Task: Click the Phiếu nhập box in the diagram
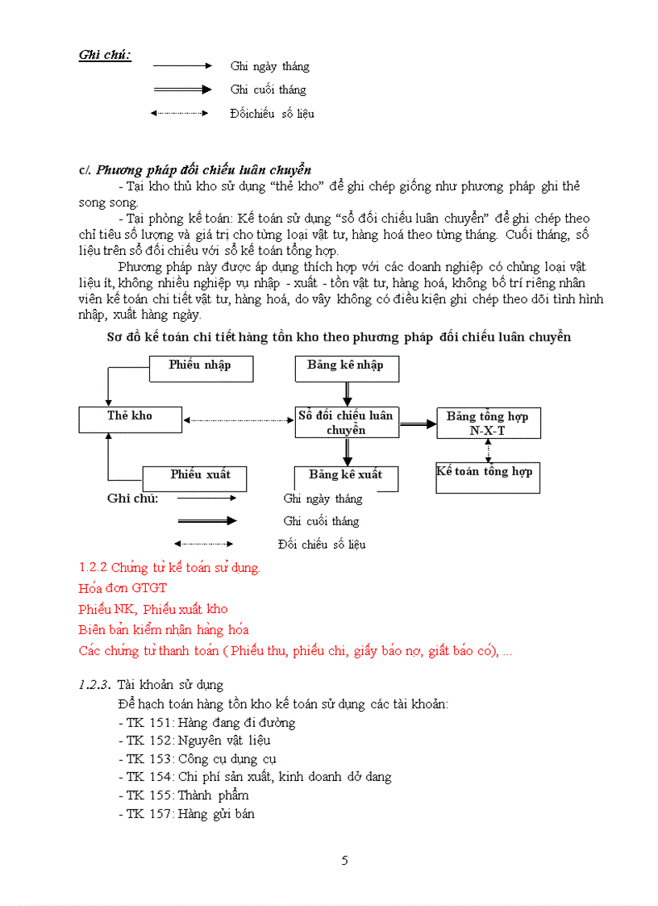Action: (x=201, y=369)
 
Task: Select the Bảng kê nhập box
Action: (x=347, y=369)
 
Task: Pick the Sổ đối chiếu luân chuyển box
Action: (x=347, y=423)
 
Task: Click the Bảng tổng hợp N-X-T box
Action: (x=488, y=423)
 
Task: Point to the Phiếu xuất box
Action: (x=194, y=478)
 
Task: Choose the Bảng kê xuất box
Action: (x=347, y=478)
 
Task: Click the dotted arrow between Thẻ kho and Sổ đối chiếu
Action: (x=239, y=420)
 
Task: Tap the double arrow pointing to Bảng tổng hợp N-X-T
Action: (x=418, y=423)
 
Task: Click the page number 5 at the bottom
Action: (x=345, y=860)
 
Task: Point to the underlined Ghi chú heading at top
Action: (x=105, y=55)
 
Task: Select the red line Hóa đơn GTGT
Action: (x=123, y=588)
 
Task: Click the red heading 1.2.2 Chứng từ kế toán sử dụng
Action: (x=169, y=567)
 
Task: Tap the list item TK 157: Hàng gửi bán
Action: (x=186, y=814)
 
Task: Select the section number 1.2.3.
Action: (x=94, y=685)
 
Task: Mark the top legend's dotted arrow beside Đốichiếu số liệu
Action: (x=180, y=113)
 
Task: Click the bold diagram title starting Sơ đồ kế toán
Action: (x=339, y=337)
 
